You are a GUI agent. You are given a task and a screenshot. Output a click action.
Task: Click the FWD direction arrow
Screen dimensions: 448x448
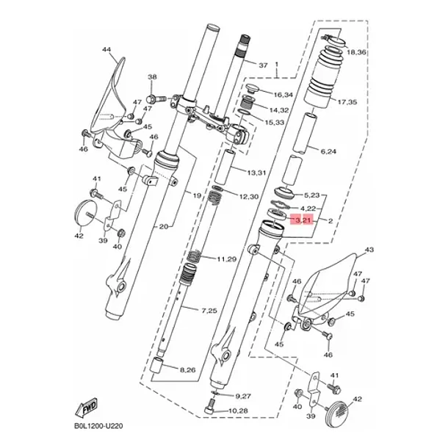click(87, 407)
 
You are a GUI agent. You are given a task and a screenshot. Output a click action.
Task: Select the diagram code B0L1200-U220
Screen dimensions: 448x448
click(98, 426)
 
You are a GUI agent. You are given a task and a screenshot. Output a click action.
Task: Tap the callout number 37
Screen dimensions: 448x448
click(263, 65)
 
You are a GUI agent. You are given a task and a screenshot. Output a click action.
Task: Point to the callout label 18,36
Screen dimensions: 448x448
click(356, 52)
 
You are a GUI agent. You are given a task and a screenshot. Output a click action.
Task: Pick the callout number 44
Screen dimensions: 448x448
click(106, 50)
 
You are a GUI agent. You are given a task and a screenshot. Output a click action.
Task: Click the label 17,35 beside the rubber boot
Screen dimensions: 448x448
click(347, 101)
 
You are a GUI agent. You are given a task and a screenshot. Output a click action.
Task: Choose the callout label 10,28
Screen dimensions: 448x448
click(238, 411)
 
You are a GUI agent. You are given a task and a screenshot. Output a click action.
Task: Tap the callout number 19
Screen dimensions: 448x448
click(197, 195)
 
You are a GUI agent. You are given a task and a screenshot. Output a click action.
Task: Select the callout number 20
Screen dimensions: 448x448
click(164, 227)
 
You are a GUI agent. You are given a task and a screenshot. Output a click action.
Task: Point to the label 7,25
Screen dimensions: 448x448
click(209, 311)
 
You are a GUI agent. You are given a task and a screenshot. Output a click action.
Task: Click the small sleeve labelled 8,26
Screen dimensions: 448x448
click(157, 365)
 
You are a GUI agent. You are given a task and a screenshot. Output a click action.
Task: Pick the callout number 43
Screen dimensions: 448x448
click(369, 250)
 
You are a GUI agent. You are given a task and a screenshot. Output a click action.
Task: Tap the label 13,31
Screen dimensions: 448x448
click(256, 173)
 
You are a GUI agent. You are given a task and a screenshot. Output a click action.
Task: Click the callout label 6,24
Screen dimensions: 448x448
click(328, 151)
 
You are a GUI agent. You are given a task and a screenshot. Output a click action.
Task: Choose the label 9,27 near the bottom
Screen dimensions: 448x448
click(243, 397)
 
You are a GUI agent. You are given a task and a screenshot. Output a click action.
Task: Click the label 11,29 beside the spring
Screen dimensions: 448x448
click(227, 259)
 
